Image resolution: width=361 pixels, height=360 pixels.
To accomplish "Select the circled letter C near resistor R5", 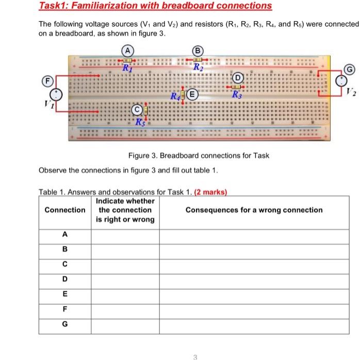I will tap(137, 109).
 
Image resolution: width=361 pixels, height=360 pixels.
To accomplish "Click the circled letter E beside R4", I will tap(192, 94).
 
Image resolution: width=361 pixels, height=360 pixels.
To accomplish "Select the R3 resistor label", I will tap(236, 95).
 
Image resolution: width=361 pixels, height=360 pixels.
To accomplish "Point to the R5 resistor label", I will tap(140, 123).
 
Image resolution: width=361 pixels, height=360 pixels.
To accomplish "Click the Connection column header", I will tap(65, 210).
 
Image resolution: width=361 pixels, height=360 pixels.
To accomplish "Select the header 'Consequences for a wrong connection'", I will tap(254, 210).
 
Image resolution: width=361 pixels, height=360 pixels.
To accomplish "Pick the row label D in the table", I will tap(64, 279).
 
